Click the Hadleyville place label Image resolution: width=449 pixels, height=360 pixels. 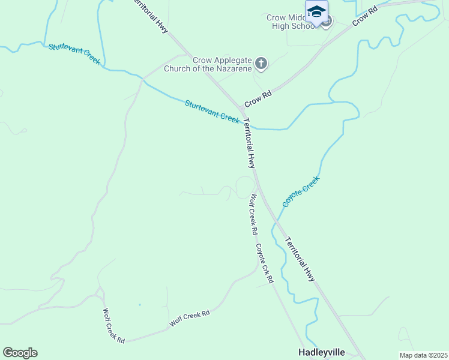324,352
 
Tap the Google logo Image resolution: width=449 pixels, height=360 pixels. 20,353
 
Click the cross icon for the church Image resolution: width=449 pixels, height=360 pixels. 261,62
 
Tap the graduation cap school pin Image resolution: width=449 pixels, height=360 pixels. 316,11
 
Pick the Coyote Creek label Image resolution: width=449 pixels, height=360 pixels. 301,191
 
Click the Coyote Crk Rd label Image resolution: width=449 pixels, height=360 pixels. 264,263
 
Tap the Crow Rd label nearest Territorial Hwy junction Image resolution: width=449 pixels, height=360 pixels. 259,95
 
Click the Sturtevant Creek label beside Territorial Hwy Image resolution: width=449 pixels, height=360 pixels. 212,111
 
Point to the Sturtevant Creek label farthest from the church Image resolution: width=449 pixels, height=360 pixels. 74,53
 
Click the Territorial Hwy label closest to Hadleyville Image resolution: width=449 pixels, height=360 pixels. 300,258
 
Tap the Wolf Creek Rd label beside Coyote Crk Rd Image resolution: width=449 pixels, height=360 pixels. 254,214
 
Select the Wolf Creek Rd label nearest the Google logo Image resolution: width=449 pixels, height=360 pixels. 113,326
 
